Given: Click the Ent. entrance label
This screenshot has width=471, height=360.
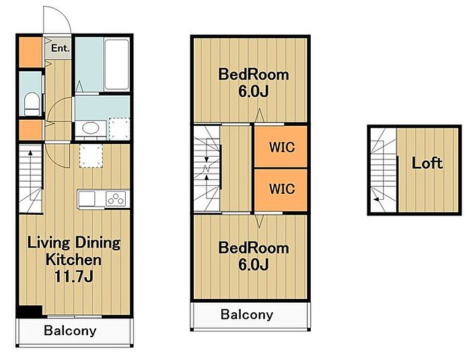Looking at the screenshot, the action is point(60,48).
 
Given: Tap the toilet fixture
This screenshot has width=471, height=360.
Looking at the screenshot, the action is point(32,104).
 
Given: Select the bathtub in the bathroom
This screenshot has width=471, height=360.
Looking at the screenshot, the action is point(117,64).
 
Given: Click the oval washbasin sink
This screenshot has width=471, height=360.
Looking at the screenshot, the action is point(90,129).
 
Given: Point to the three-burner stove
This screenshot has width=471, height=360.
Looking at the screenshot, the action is point(116,199).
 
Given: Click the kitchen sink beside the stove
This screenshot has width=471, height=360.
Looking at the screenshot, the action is point(87,199).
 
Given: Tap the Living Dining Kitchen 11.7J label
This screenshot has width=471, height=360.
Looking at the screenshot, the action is point(74,260).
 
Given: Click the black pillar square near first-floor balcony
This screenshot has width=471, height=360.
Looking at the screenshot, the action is point(30,312).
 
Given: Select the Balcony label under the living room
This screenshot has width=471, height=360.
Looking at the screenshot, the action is point(70,330).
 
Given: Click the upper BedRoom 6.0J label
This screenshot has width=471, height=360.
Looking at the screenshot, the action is point(254,83).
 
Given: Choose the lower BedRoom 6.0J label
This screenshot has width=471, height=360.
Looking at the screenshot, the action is point(254,256).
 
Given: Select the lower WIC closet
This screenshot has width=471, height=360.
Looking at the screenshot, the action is point(281,190).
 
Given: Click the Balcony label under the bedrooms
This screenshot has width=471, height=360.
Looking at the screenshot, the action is point(247,315).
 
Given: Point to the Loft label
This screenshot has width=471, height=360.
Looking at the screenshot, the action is point(427,164).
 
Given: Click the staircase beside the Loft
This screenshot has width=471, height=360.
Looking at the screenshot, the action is point(384,170).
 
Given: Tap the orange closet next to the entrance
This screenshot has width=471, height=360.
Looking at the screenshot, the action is point(31,52).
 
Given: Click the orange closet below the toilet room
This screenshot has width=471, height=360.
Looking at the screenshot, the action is point(31,130).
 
